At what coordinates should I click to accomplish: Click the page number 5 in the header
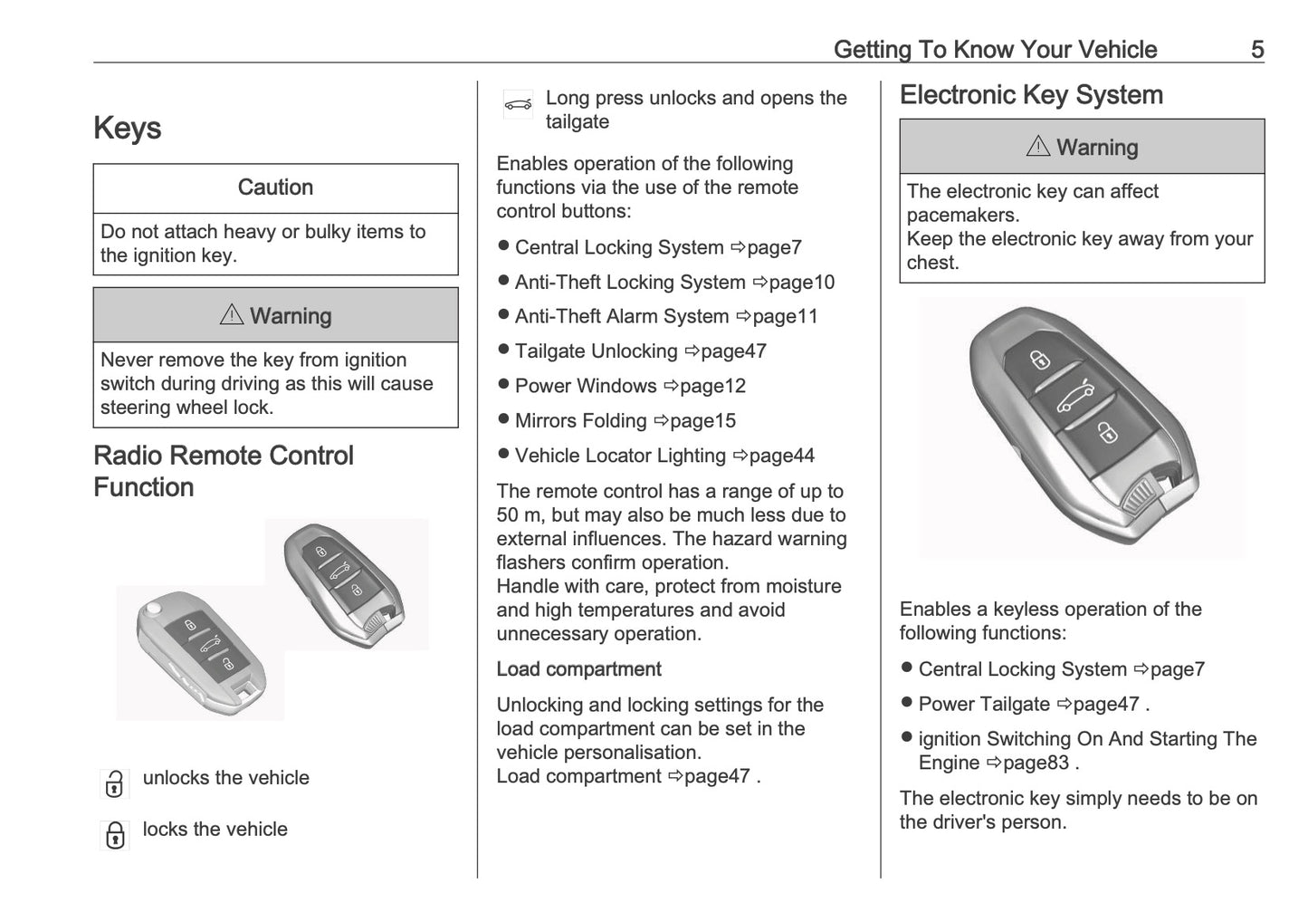point(1256,49)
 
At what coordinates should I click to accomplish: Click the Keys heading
point(128,129)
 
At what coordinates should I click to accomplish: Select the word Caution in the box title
point(275,187)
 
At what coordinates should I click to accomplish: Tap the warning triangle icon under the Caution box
point(232,314)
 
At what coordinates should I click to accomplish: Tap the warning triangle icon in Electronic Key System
point(1038,146)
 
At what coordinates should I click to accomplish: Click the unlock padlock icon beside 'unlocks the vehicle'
point(114,783)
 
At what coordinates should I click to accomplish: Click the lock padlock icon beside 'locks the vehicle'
point(115,835)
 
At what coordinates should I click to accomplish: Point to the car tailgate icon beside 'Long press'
point(518,105)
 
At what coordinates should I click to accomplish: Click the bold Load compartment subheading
point(578,669)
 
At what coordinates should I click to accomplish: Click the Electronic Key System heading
point(1031,95)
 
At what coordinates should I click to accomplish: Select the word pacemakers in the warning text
point(962,216)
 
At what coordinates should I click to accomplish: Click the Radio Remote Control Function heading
point(224,471)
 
